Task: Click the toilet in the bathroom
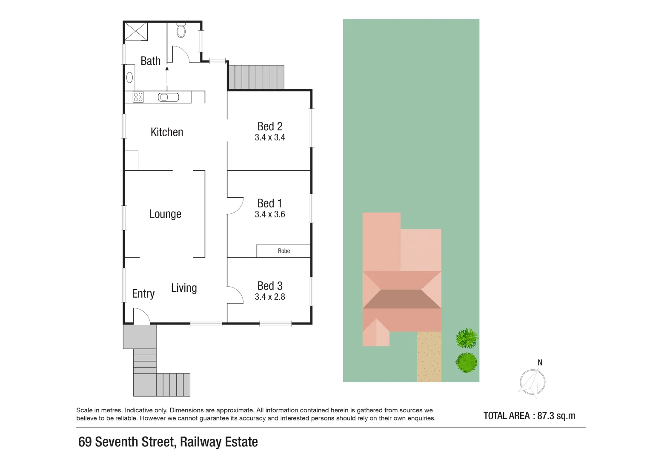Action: pos(181,30)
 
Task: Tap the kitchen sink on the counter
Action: pos(169,98)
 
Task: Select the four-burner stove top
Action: pos(138,97)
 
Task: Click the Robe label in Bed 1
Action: pos(284,251)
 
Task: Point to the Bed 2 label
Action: pos(270,126)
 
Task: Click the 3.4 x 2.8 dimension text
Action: pos(270,297)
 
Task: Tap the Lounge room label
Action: pos(165,214)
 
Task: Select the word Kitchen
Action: pos(167,132)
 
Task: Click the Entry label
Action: pos(143,294)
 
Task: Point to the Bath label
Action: pos(151,61)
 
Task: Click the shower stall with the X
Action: pos(136,32)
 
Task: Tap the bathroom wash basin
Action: pos(130,78)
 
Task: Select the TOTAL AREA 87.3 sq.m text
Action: pos(529,416)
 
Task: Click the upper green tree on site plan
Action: pos(467,338)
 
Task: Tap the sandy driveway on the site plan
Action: pos(429,356)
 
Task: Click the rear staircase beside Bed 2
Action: pos(256,77)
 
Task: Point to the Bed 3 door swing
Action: pos(235,295)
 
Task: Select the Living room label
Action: pos(184,288)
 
